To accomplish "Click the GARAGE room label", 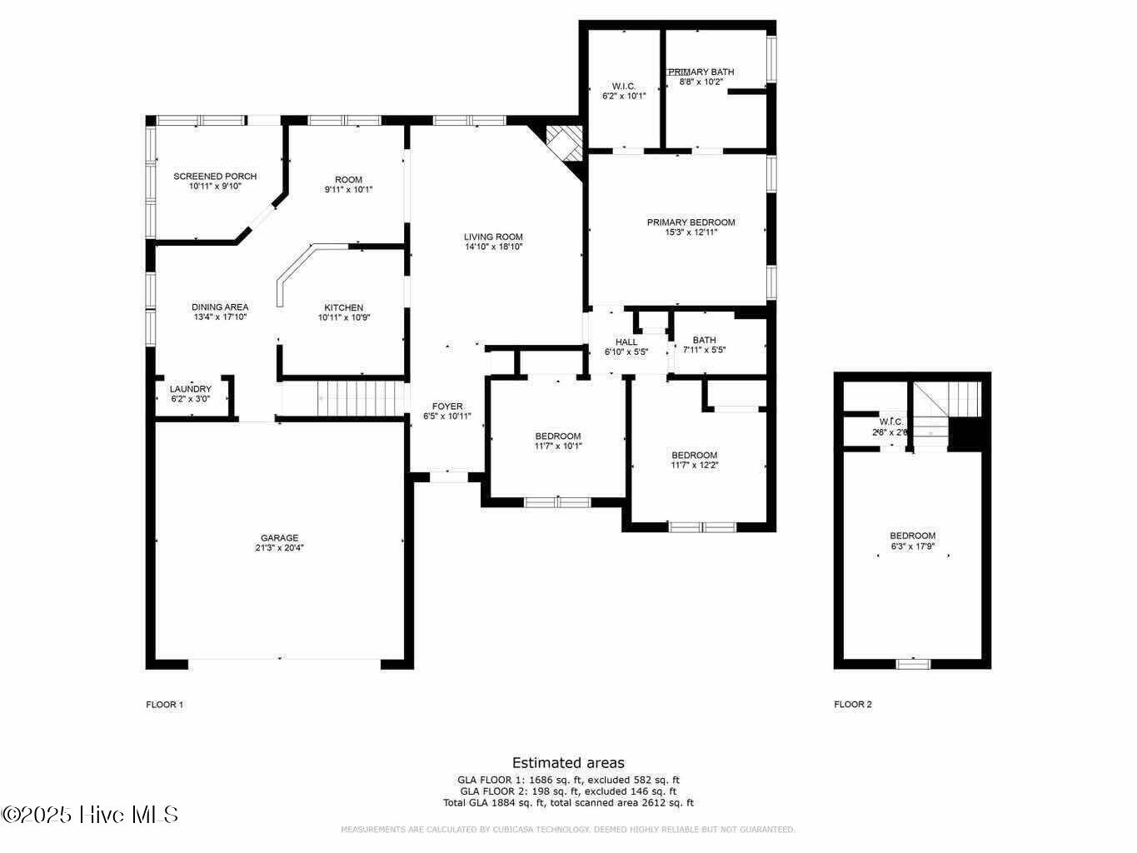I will tap(279, 538).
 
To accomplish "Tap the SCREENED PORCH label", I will tap(215, 177).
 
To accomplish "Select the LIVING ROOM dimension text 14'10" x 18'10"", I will tap(493, 247).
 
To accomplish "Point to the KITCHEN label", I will tap(343, 308).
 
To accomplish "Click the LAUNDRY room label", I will tap(190, 389).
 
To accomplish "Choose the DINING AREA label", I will tap(220, 307).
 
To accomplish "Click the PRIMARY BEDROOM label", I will tap(691, 222).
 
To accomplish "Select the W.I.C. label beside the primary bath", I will tap(624, 87).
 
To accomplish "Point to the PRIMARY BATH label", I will tap(701, 72).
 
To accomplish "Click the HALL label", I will tap(626, 342).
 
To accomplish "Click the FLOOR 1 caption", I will tap(164, 705).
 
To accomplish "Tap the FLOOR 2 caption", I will tap(852, 705).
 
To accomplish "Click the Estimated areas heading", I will tap(568, 763).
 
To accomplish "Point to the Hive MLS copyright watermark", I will tap(90, 815).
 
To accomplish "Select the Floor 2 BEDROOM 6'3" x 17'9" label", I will tap(912, 536).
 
